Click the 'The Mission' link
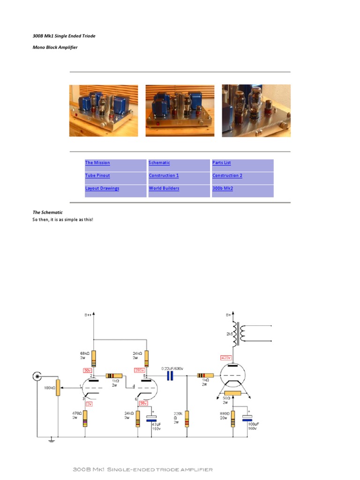97,163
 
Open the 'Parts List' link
221,163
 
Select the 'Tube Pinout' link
97,175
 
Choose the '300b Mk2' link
223,188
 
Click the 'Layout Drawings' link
102,188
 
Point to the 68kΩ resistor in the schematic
94,358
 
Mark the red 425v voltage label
226,358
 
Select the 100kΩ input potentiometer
58,387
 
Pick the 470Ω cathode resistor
85,418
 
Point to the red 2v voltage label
89,403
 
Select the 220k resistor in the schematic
187,418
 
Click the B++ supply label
88,315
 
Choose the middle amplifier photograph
180,111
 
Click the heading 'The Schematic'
47,212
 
